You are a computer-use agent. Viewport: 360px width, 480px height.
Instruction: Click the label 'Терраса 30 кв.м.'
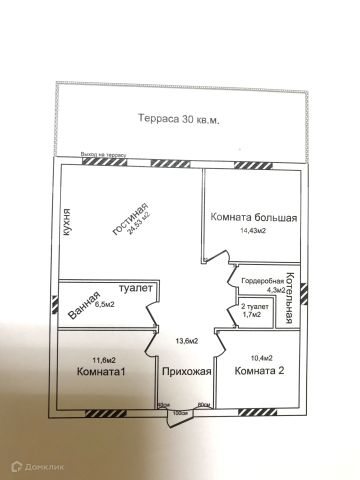[179, 118]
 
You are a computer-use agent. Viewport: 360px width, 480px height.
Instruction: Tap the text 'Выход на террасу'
[103, 155]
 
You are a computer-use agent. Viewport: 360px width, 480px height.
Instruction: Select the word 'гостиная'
[130, 219]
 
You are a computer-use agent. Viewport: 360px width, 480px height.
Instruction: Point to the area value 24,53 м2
[139, 223]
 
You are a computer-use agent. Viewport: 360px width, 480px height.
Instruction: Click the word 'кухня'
[66, 222]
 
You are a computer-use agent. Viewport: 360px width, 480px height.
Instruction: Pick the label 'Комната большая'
[254, 217]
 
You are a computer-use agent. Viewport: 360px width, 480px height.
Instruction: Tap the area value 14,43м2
[253, 230]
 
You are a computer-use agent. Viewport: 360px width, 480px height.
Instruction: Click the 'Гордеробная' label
[262, 281]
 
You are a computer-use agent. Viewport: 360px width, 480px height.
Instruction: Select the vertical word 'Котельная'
[289, 298]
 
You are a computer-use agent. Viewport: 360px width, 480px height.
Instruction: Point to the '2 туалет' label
[254, 306]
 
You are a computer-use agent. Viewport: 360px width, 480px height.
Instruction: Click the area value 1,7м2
[251, 314]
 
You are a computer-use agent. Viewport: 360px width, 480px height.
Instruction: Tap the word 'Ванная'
[84, 305]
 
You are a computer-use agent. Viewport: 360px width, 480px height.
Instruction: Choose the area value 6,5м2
[104, 304]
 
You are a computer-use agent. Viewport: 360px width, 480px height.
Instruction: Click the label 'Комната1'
[101, 372]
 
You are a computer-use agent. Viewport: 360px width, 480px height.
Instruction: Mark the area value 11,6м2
[104, 360]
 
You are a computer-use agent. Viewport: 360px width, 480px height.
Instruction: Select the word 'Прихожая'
[186, 371]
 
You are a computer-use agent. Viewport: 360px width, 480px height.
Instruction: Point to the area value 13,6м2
[186, 340]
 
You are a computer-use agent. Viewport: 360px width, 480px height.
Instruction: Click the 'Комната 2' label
[259, 370]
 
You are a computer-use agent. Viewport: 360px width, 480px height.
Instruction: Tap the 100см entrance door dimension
[180, 413]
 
